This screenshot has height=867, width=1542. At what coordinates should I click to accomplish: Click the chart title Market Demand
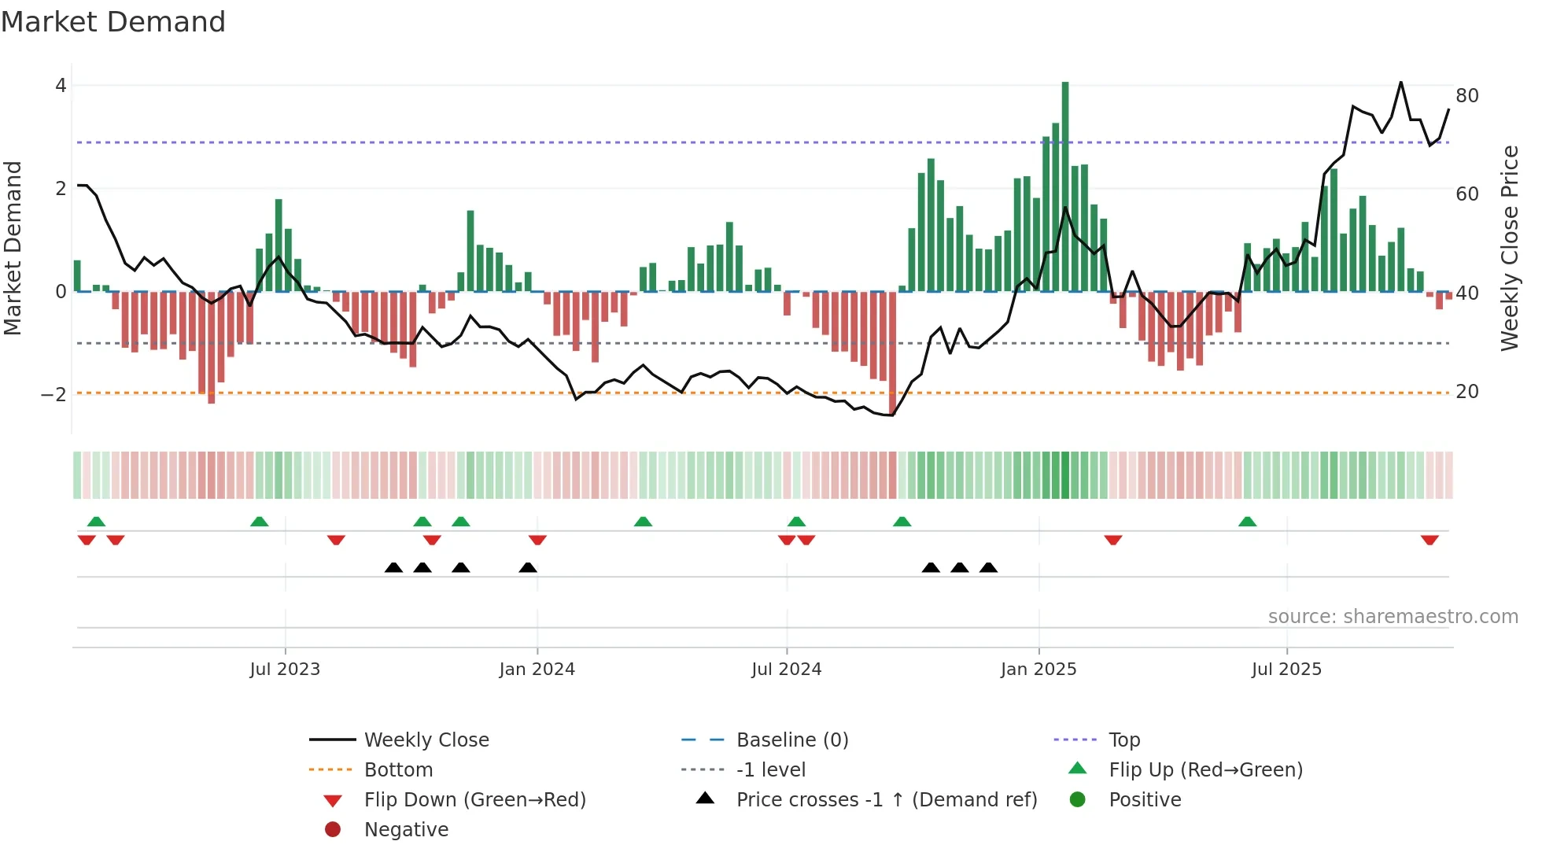click(x=113, y=22)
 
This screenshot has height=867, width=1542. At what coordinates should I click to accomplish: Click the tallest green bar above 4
click(x=1065, y=186)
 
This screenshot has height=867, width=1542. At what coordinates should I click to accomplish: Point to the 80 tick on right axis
click(x=1467, y=96)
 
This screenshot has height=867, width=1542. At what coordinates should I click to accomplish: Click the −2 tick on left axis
click(x=53, y=394)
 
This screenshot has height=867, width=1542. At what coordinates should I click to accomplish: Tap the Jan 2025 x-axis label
click(x=1038, y=670)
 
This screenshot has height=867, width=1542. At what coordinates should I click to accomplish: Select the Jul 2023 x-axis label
click(x=285, y=670)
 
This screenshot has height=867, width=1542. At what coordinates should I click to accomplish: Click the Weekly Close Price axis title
click(x=1509, y=248)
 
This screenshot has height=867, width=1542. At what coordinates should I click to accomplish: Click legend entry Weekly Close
click(x=426, y=740)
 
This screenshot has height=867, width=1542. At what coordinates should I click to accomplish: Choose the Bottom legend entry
click(x=398, y=770)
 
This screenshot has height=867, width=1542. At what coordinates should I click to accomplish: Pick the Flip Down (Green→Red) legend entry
click(x=474, y=800)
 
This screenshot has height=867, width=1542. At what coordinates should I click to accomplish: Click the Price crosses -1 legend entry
click(x=887, y=800)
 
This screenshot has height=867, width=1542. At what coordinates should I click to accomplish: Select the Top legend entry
click(x=1124, y=740)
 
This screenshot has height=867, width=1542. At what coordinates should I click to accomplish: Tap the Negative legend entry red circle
click(x=333, y=830)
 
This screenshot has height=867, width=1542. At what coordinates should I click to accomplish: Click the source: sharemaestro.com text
click(x=1393, y=617)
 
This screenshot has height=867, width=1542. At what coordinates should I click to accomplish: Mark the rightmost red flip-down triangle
click(x=1429, y=540)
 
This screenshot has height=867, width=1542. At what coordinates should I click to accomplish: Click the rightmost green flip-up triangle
click(x=1247, y=522)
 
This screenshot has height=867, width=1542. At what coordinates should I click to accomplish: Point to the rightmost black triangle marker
click(x=988, y=568)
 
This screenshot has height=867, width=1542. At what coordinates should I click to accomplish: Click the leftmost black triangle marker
click(x=393, y=568)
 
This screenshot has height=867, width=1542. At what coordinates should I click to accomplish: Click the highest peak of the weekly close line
click(x=1401, y=83)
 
